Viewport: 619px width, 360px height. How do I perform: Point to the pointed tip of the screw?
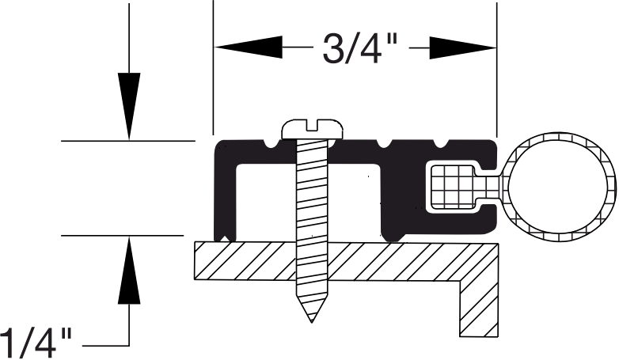[x=311, y=318]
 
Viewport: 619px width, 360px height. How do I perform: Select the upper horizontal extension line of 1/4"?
[x=127, y=141]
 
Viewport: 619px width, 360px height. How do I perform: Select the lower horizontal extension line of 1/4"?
[x=127, y=235]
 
